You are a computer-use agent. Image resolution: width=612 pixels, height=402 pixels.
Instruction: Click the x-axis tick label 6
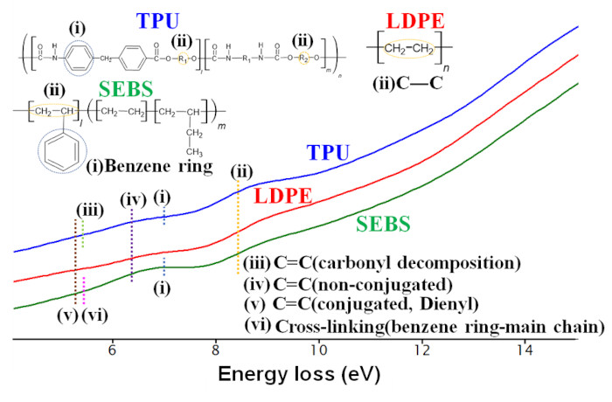click(112, 350)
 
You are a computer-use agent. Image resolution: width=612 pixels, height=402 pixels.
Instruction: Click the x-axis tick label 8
click(215, 350)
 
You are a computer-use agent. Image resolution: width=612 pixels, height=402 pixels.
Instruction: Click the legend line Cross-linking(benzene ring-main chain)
click(427, 326)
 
